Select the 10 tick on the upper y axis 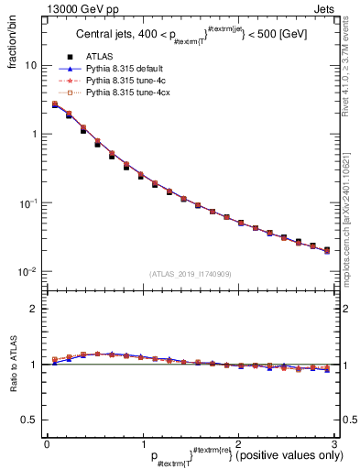tap(31, 66)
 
